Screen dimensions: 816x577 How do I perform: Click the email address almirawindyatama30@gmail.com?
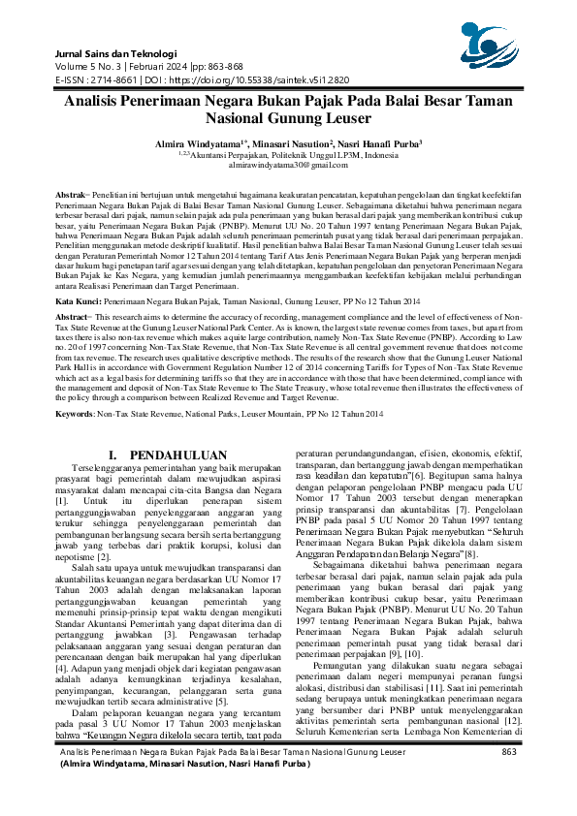[288, 167]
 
